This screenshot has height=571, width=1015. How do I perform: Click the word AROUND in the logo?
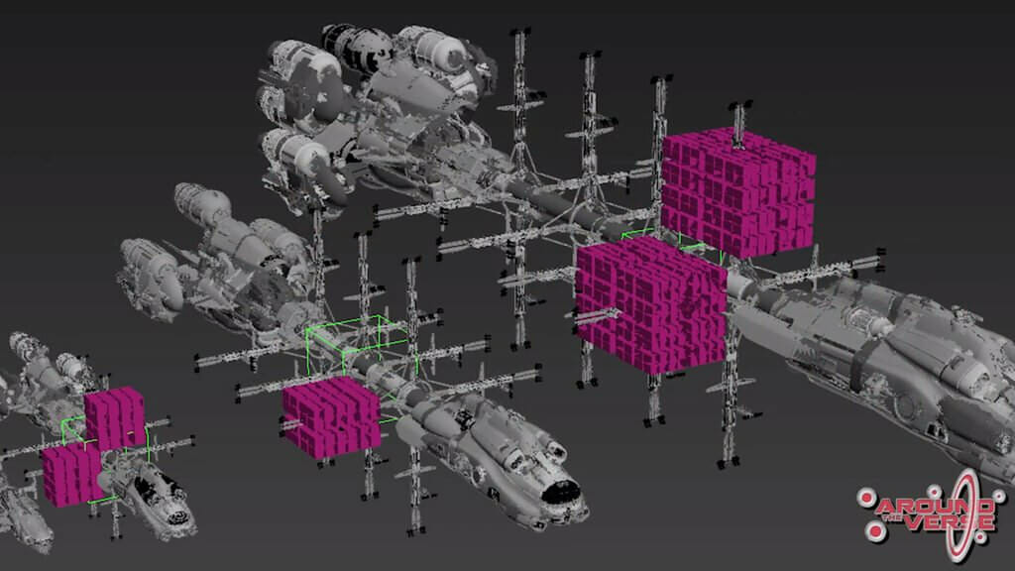click(x=935, y=506)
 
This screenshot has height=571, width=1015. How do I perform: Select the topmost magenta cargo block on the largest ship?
click(x=737, y=191)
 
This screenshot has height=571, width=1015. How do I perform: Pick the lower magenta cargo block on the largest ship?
click(x=651, y=304)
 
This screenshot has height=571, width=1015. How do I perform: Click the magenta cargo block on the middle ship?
click(x=331, y=417)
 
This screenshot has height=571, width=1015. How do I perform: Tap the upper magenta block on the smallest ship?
click(x=115, y=418)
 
